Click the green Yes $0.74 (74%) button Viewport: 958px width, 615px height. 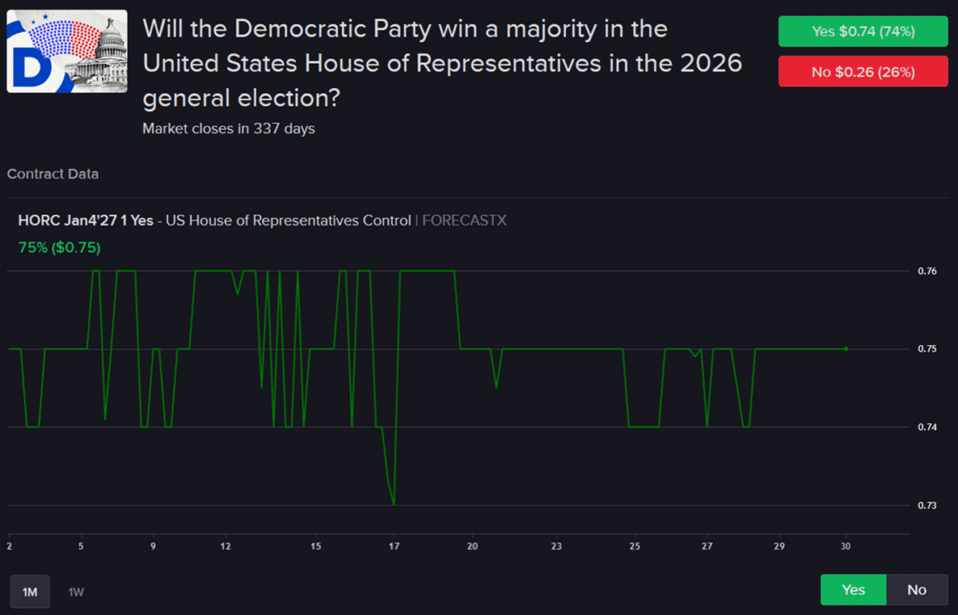pyautogui.click(x=862, y=31)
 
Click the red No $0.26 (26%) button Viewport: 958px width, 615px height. pyautogui.click(x=862, y=71)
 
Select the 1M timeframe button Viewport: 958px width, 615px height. pyautogui.click(x=30, y=591)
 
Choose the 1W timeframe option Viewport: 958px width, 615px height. pyautogui.click(x=77, y=591)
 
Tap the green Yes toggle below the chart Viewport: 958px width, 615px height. pyautogui.click(x=853, y=590)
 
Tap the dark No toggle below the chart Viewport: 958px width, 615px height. pyautogui.click(x=916, y=590)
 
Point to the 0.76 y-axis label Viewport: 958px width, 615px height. pyautogui.click(x=927, y=271)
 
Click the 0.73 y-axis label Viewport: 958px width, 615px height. pyautogui.click(x=927, y=505)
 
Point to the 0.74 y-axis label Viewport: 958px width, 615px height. pyautogui.click(x=927, y=427)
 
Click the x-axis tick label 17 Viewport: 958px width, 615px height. pyautogui.click(x=394, y=546)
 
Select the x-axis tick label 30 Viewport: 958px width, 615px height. pyautogui.click(x=845, y=546)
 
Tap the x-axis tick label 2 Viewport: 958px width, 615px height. pyautogui.click(x=9, y=546)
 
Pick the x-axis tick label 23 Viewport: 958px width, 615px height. pyautogui.click(x=557, y=546)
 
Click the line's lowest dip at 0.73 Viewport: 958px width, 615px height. pyautogui.click(x=394, y=503)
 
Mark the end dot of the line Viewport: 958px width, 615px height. pyautogui.click(x=846, y=348)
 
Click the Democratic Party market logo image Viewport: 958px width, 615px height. pyautogui.click(x=67, y=51)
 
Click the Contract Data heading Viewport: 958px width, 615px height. pyautogui.click(x=52, y=174)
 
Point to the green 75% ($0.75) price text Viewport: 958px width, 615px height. pyautogui.click(x=59, y=247)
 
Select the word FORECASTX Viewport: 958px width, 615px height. pyautogui.click(x=464, y=220)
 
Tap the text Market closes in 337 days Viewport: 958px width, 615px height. pyautogui.click(x=228, y=129)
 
